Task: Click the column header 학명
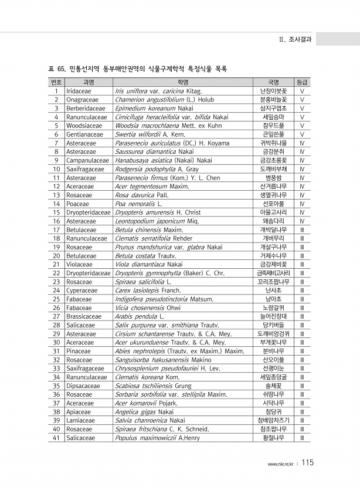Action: click(182, 83)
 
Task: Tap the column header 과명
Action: click(89, 83)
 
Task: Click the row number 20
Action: click(57, 255)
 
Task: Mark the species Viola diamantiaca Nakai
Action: click(149, 264)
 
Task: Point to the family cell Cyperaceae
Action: click(83, 290)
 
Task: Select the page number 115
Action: click(309, 462)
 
